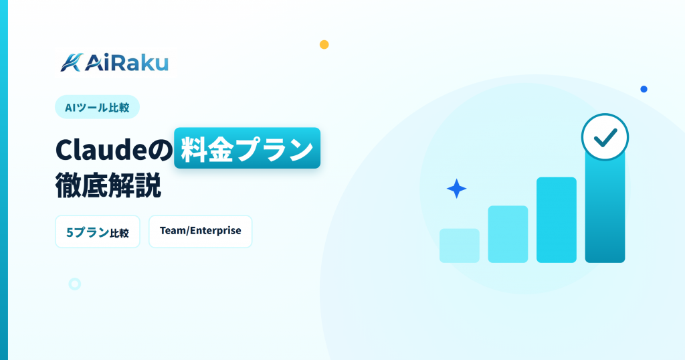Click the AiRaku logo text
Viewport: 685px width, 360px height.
coord(126,63)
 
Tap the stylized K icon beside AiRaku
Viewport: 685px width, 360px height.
coord(72,62)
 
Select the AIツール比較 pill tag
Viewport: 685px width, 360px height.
coord(98,107)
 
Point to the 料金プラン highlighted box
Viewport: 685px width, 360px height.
coord(248,148)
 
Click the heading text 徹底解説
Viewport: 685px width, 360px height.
coord(108,185)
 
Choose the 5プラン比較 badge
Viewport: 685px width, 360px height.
coord(98,232)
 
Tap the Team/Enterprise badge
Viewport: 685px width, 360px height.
coord(201,232)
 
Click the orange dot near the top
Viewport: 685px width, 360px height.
coord(324,45)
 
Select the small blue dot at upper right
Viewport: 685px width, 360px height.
coord(644,89)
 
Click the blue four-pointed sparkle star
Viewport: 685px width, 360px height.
coord(456,189)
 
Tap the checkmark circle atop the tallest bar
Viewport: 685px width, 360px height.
coord(605,137)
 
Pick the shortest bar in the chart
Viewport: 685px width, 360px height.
coord(460,246)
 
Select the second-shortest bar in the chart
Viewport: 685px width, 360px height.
coord(508,234)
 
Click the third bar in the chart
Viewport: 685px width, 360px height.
coord(557,220)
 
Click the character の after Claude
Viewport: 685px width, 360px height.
coord(161,151)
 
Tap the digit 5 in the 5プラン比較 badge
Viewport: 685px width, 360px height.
coord(70,232)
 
